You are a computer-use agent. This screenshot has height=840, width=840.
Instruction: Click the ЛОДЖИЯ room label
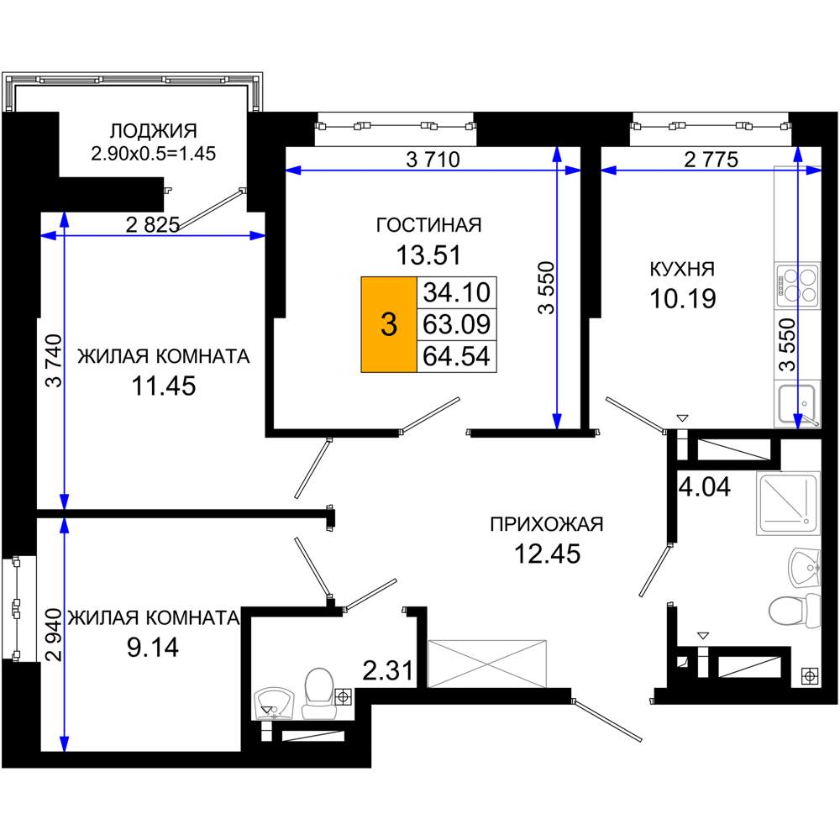click(x=153, y=131)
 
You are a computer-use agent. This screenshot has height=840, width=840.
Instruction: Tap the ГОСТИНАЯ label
click(x=428, y=225)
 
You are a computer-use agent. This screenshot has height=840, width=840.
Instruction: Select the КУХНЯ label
click(x=682, y=269)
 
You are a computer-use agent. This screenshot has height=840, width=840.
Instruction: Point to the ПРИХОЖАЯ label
click(x=547, y=524)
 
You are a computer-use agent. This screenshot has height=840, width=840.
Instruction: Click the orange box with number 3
click(x=389, y=324)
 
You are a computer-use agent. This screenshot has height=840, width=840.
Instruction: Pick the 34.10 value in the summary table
click(x=456, y=292)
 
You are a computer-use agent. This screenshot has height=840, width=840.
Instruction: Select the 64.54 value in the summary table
click(x=456, y=356)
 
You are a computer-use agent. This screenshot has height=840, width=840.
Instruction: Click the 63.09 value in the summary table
click(x=456, y=324)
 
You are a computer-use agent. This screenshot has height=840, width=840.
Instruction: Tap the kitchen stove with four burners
click(x=797, y=285)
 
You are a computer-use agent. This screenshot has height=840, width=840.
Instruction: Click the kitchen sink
click(x=797, y=405)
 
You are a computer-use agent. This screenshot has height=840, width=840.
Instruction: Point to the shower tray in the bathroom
click(x=788, y=503)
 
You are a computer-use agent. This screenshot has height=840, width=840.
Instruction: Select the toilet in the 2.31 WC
click(x=319, y=692)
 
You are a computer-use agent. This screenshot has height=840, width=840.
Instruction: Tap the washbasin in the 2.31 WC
click(x=274, y=703)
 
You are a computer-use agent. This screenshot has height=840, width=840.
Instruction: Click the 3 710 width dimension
click(x=433, y=159)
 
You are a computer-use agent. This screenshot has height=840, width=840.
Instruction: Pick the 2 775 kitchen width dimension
click(x=711, y=159)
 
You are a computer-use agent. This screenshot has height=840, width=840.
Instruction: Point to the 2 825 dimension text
click(x=153, y=225)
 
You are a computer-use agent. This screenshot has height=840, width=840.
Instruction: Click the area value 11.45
click(x=164, y=386)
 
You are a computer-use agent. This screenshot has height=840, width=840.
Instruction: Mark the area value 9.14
click(x=153, y=648)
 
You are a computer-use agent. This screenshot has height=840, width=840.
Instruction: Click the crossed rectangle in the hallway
click(x=487, y=664)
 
